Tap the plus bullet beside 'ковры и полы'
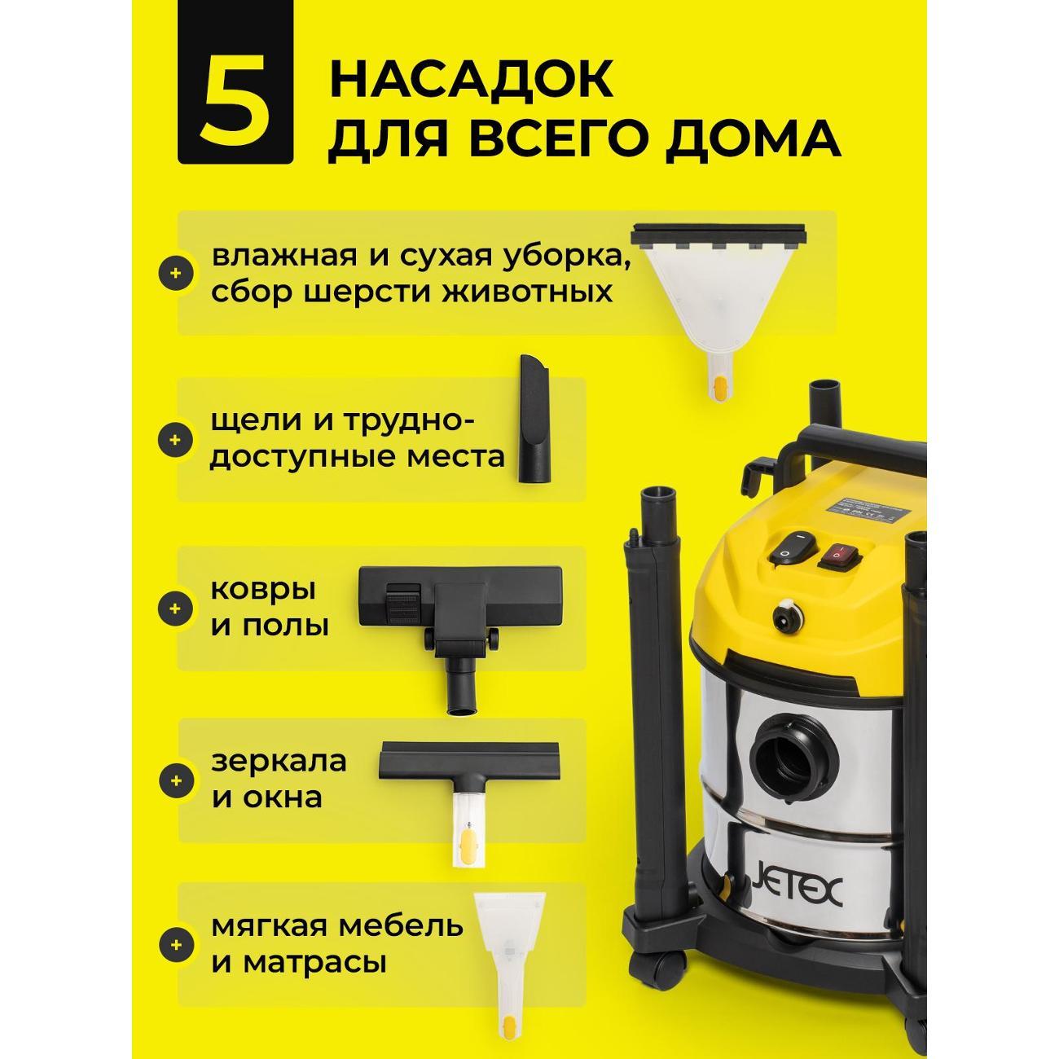(174, 609)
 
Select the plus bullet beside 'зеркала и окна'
(174, 780)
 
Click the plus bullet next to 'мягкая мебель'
(174, 945)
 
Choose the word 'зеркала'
(279, 762)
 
